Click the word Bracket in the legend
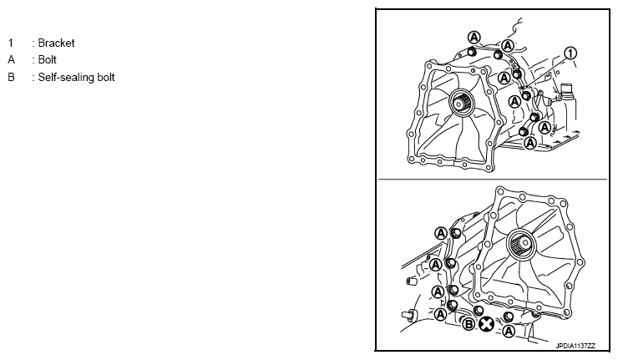click(x=56, y=43)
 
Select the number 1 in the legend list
click(x=11, y=43)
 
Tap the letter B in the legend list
click(x=11, y=77)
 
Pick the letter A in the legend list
click(x=11, y=59)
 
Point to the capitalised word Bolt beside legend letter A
click(x=48, y=59)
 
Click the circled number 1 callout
click(x=570, y=53)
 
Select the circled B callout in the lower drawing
click(x=469, y=325)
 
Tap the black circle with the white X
click(x=486, y=325)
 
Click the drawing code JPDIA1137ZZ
click(x=575, y=346)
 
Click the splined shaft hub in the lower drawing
click(x=521, y=243)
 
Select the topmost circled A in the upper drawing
click(x=474, y=38)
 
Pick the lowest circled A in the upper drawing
click(x=530, y=142)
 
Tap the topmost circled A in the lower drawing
click(x=441, y=233)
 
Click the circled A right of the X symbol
click(x=509, y=331)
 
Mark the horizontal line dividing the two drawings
click(x=493, y=180)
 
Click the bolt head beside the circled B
click(x=479, y=311)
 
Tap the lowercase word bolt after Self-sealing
click(x=105, y=77)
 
